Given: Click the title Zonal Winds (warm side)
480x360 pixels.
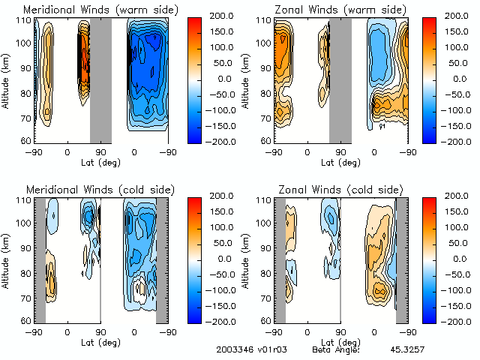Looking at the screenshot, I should click(340, 10).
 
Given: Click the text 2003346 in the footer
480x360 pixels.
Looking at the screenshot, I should click(235, 349).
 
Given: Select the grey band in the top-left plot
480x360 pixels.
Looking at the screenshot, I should click(100, 79).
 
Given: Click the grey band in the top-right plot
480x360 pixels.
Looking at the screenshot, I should click(340, 79).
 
